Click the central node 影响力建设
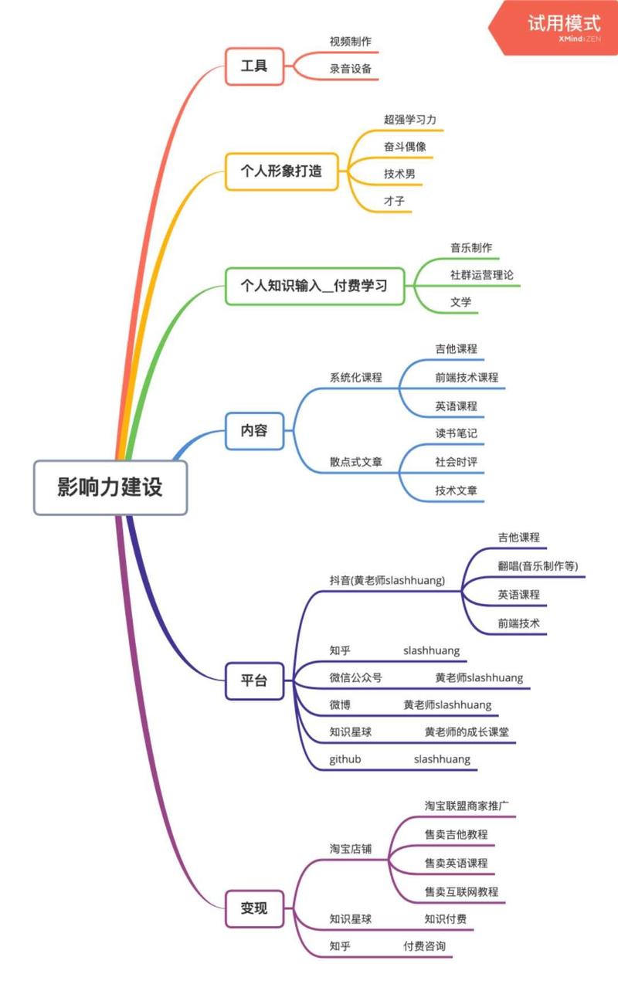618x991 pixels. (110, 488)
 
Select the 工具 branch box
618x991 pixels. (254, 66)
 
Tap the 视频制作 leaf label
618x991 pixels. (351, 41)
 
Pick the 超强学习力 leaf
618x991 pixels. (410, 120)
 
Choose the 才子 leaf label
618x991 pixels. (394, 201)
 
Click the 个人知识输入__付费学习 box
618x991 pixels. (314, 286)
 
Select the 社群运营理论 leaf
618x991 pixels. (482, 275)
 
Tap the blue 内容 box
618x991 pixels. (254, 430)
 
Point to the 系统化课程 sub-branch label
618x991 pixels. (356, 378)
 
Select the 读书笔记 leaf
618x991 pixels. (456, 433)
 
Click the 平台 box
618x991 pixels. (254, 680)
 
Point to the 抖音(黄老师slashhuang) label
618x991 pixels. (387, 580)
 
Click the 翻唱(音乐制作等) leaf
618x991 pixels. (538, 565)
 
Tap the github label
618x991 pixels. (345, 759)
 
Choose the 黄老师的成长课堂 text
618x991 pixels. (467, 731)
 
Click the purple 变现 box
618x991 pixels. (254, 908)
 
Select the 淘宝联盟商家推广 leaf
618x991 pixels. (467, 806)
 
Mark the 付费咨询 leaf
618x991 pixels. (424, 945)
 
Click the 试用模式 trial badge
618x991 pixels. (563, 24)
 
